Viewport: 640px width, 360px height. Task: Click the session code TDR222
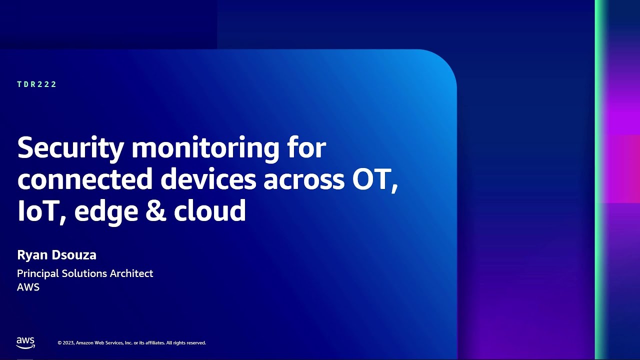[x=37, y=84]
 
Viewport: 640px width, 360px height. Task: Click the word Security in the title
[x=70, y=148]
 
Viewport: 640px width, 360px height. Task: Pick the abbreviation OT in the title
[x=373, y=179]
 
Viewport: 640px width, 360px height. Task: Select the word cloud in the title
[x=209, y=210]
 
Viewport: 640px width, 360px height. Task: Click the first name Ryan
[x=31, y=255]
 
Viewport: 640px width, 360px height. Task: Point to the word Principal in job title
[x=37, y=273]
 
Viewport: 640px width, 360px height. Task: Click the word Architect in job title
[x=131, y=273]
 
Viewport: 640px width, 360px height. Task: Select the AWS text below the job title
[x=28, y=287]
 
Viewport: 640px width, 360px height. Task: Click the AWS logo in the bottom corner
[x=25, y=343]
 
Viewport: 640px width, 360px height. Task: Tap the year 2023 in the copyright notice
[x=68, y=343]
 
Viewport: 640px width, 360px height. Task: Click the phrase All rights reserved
[x=185, y=343]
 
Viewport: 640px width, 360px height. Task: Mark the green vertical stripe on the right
[x=599, y=180]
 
